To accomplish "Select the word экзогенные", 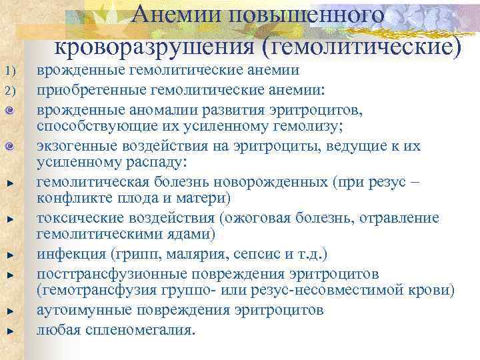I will click(x=75, y=145).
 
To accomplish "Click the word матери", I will click(x=203, y=198).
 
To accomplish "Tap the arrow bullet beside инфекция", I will click(x=10, y=255).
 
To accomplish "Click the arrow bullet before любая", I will click(x=10, y=330).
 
